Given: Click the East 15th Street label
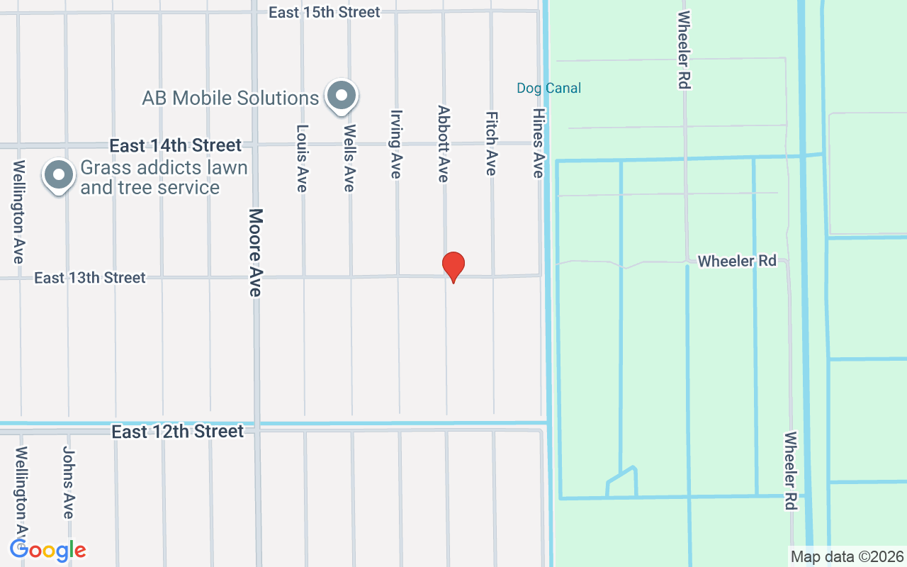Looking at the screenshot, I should (x=325, y=12).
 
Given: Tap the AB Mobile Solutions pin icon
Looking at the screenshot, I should (x=342, y=95).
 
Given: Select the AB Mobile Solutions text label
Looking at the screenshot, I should (x=230, y=98).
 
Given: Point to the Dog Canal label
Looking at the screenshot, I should (x=548, y=88).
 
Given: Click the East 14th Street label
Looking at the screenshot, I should (x=176, y=145).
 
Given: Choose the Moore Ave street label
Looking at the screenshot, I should (x=256, y=252).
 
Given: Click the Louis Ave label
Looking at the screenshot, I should (x=303, y=158).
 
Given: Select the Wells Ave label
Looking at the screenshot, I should (x=349, y=158).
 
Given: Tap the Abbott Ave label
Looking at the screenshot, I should (x=444, y=144).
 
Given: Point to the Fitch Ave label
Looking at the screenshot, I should (x=491, y=143).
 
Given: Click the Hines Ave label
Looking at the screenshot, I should (x=539, y=143).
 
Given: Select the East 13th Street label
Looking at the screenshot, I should (x=90, y=278).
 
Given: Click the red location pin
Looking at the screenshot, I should (x=453, y=266).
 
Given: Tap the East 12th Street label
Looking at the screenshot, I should (x=178, y=431).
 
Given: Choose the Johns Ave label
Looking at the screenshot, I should (x=69, y=482).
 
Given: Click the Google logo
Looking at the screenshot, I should (x=48, y=550).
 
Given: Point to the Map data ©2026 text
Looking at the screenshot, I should (x=847, y=556).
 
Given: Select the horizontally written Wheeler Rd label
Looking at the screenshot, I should (x=737, y=261).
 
